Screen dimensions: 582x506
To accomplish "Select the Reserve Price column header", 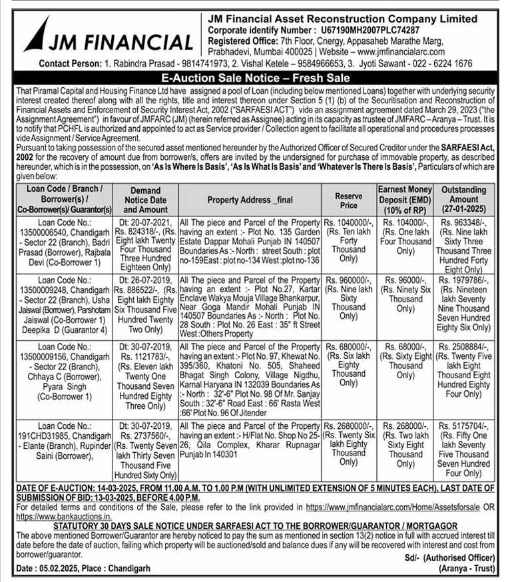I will point(349,201).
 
